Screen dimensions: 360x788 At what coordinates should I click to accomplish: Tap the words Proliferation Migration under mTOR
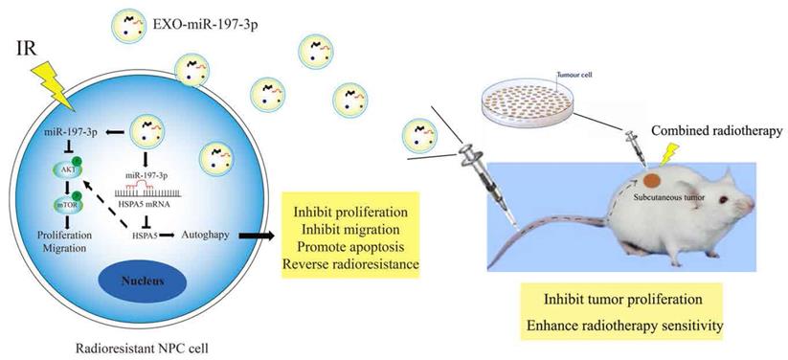(x=56, y=243)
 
